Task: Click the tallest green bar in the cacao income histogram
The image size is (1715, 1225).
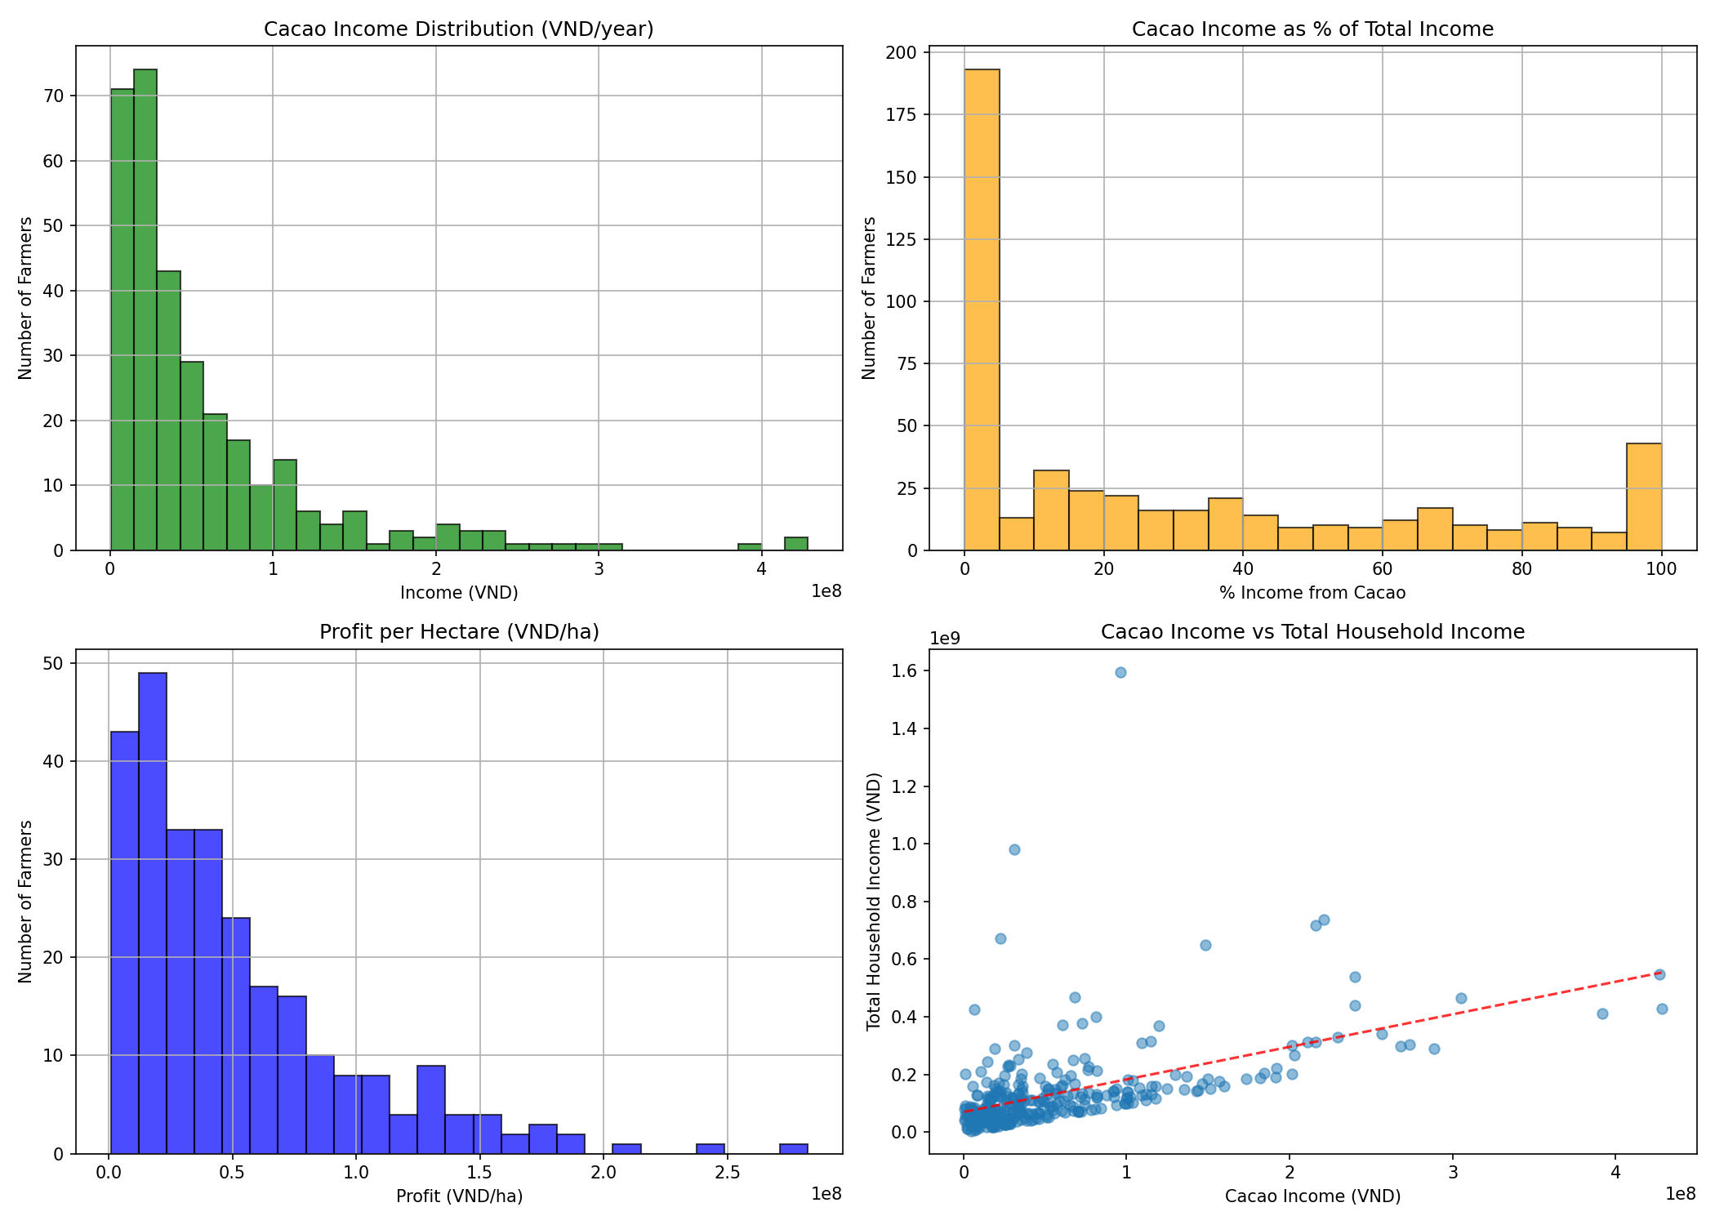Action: (145, 310)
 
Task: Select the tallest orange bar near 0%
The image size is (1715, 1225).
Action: (982, 310)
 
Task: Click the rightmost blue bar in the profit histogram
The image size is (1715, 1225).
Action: (794, 1148)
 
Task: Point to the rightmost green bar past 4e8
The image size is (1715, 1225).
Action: (796, 544)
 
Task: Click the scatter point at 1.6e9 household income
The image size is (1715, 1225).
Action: (1120, 672)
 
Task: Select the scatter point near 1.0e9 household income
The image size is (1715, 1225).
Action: (1014, 849)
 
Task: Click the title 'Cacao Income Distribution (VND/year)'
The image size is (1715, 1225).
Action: (458, 29)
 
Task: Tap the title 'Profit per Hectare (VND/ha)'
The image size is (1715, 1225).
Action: (459, 631)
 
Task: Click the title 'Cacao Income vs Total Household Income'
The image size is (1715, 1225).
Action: (1312, 631)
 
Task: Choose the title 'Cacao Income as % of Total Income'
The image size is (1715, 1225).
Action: (1312, 29)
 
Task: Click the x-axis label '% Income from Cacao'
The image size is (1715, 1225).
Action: (1312, 593)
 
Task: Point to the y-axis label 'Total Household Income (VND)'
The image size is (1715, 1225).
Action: (874, 901)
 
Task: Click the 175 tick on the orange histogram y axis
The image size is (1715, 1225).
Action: (901, 115)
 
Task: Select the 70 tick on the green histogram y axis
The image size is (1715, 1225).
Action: (53, 96)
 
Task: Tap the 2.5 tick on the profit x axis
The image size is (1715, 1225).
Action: (727, 1173)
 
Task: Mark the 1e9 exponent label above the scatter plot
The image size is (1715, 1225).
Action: (945, 638)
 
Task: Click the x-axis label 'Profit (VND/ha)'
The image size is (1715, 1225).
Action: (459, 1196)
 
